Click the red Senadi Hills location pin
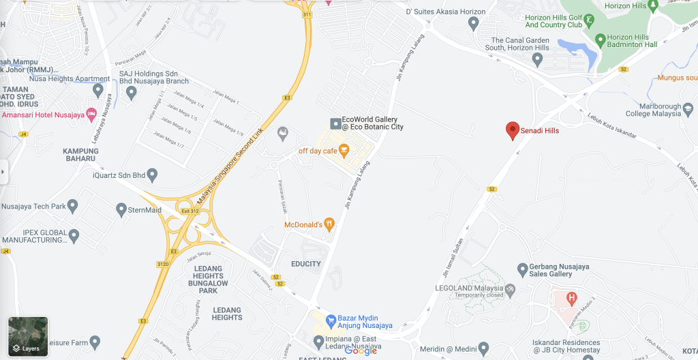[x=513, y=130]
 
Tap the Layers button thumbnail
[x=28, y=337]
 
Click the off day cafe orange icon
[x=344, y=149]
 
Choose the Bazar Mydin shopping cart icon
[x=331, y=319]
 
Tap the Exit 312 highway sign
[x=190, y=211]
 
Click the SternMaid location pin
[x=121, y=209]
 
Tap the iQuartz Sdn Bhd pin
[x=152, y=175]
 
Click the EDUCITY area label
[x=305, y=264]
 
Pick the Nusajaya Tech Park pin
[x=73, y=205]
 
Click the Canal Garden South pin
[x=537, y=60]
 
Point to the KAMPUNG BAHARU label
[x=80, y=155]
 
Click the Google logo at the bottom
[x=361, y=350]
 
